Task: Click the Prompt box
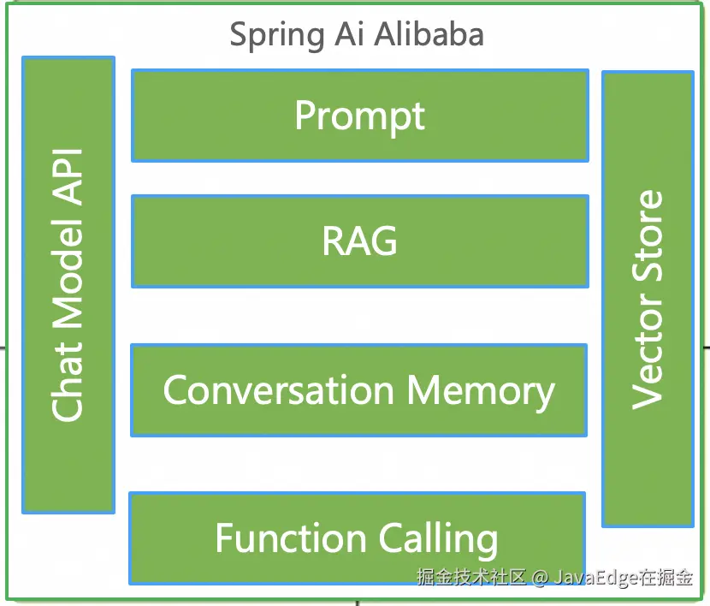(x=359, y=116)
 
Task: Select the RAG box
(x=359, y=241)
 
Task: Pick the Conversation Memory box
(x=358, y=390)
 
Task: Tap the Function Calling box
(x=357, y=538)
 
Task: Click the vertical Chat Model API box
(x=68, y=285)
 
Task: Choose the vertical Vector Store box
(x=648, y=299)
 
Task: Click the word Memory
(x=481, y=391)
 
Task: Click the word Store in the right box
(x=648, y=236)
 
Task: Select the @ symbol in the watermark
(x=539, y=578)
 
